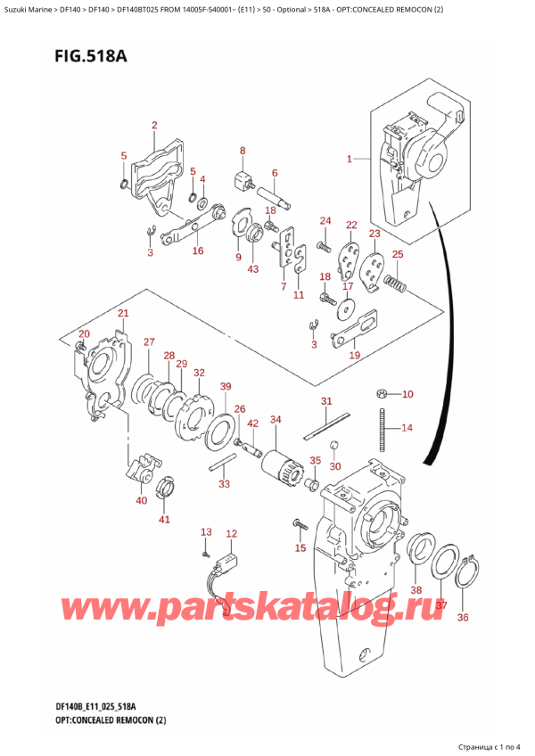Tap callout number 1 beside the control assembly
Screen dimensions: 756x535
pos(350,160)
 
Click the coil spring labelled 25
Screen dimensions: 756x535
pos(393,284)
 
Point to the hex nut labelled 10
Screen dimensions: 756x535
pos(381,393)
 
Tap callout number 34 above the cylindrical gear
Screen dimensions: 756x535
pos(276,419)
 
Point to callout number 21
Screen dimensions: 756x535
pos(123,313)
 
